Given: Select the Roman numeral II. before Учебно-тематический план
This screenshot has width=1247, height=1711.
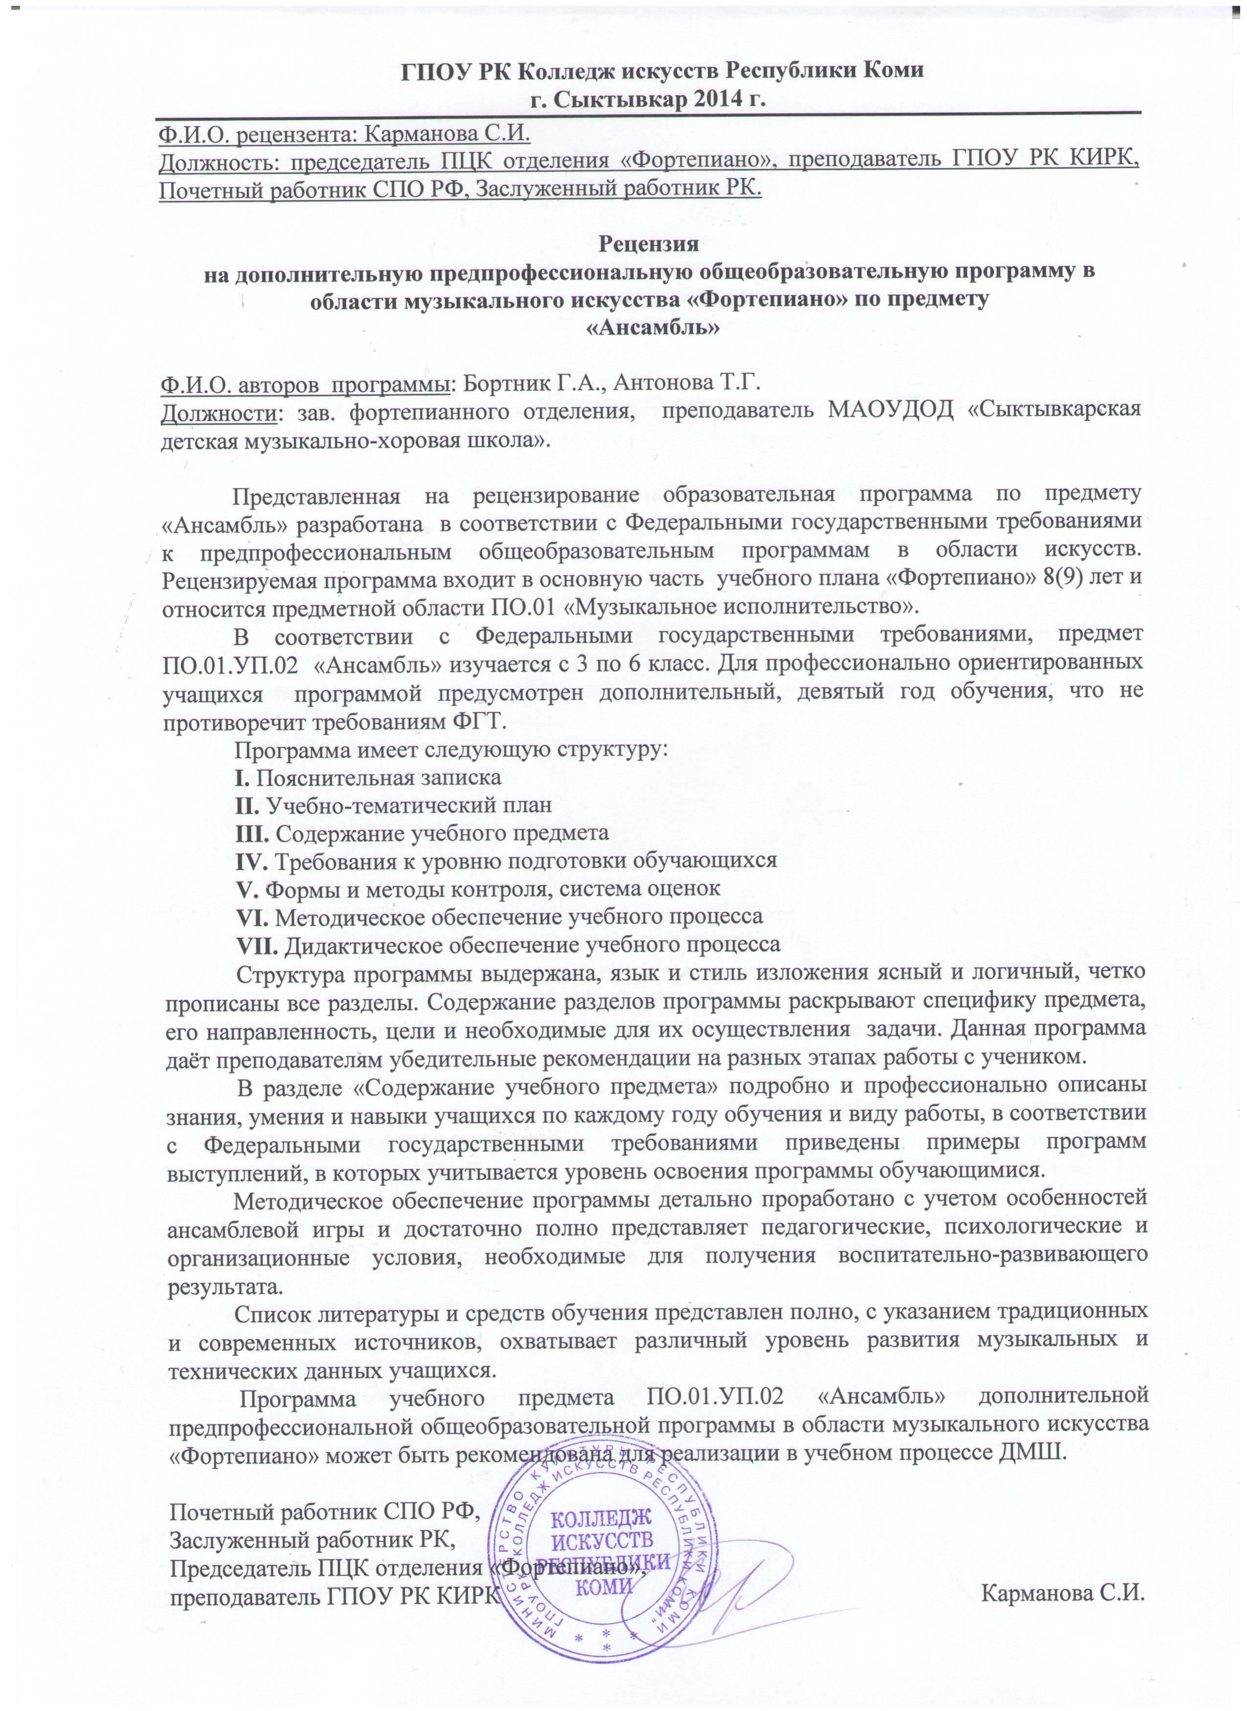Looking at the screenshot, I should pyautogui.click(x=247, y=804).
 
